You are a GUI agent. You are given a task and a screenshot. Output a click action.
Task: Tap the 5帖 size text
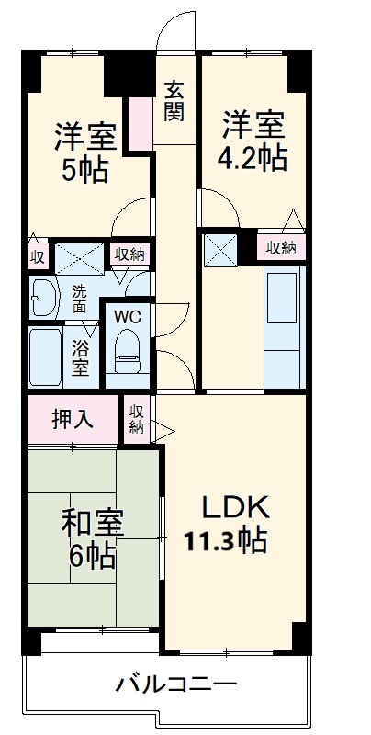coord(84,168)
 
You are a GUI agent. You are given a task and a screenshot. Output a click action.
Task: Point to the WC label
coord(126,317)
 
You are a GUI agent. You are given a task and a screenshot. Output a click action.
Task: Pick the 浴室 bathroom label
coord(81,356)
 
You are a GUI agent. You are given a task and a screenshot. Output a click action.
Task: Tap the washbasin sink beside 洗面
coord(44,295)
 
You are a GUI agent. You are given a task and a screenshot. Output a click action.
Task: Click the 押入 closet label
coord(73,420)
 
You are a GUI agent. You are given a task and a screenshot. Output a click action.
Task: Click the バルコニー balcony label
coord(176,684)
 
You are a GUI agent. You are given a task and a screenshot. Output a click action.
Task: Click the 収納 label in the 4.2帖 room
coord(282,246)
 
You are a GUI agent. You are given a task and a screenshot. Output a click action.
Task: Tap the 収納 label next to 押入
coord(137,419)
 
